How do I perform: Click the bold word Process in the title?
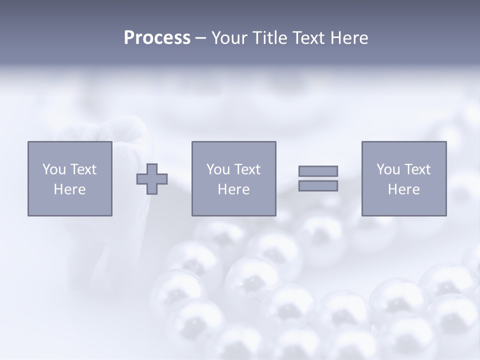point(157,38)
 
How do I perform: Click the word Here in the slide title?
point(350,38)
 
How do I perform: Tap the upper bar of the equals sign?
point(318,171)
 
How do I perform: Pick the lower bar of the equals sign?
point(318,185)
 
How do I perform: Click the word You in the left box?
point(54,169)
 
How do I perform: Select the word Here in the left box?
point(69,189)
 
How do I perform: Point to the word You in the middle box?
point(218,169)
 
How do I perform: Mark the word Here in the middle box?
point(233,189)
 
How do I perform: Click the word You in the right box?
point(388,169)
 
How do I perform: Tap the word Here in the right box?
point(403,189)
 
